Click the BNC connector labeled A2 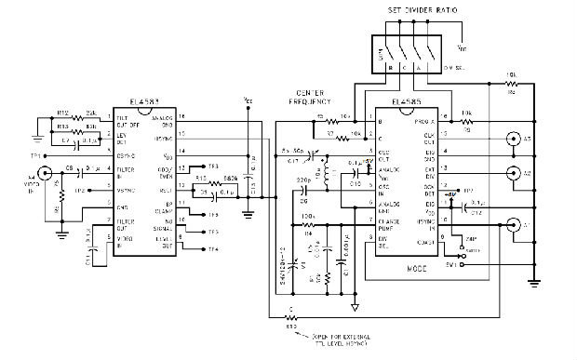coord(512,174)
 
